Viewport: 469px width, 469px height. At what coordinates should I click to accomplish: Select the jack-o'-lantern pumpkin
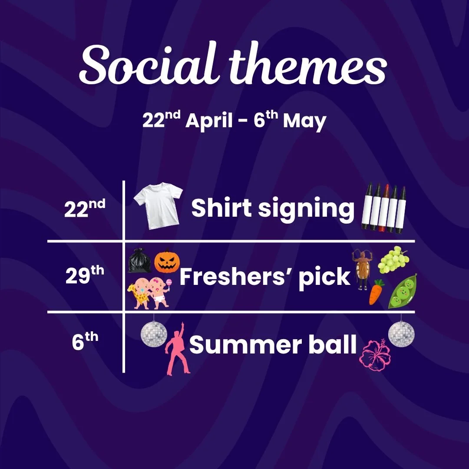(167, 261)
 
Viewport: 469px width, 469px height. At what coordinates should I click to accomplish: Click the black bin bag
(139, 261)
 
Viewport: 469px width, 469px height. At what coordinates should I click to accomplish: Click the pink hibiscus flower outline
(375, 355)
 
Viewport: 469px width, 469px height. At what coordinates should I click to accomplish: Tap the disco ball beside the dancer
(154, 334)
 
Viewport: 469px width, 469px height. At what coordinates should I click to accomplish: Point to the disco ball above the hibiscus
(401, 334)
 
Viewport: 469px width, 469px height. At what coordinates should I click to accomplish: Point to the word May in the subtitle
(304, 122)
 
